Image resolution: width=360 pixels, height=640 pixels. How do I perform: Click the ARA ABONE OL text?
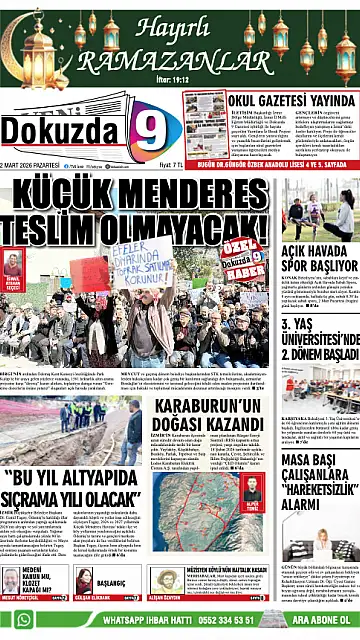(319, 623)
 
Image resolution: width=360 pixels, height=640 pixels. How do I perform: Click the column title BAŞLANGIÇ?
(111, 582)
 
